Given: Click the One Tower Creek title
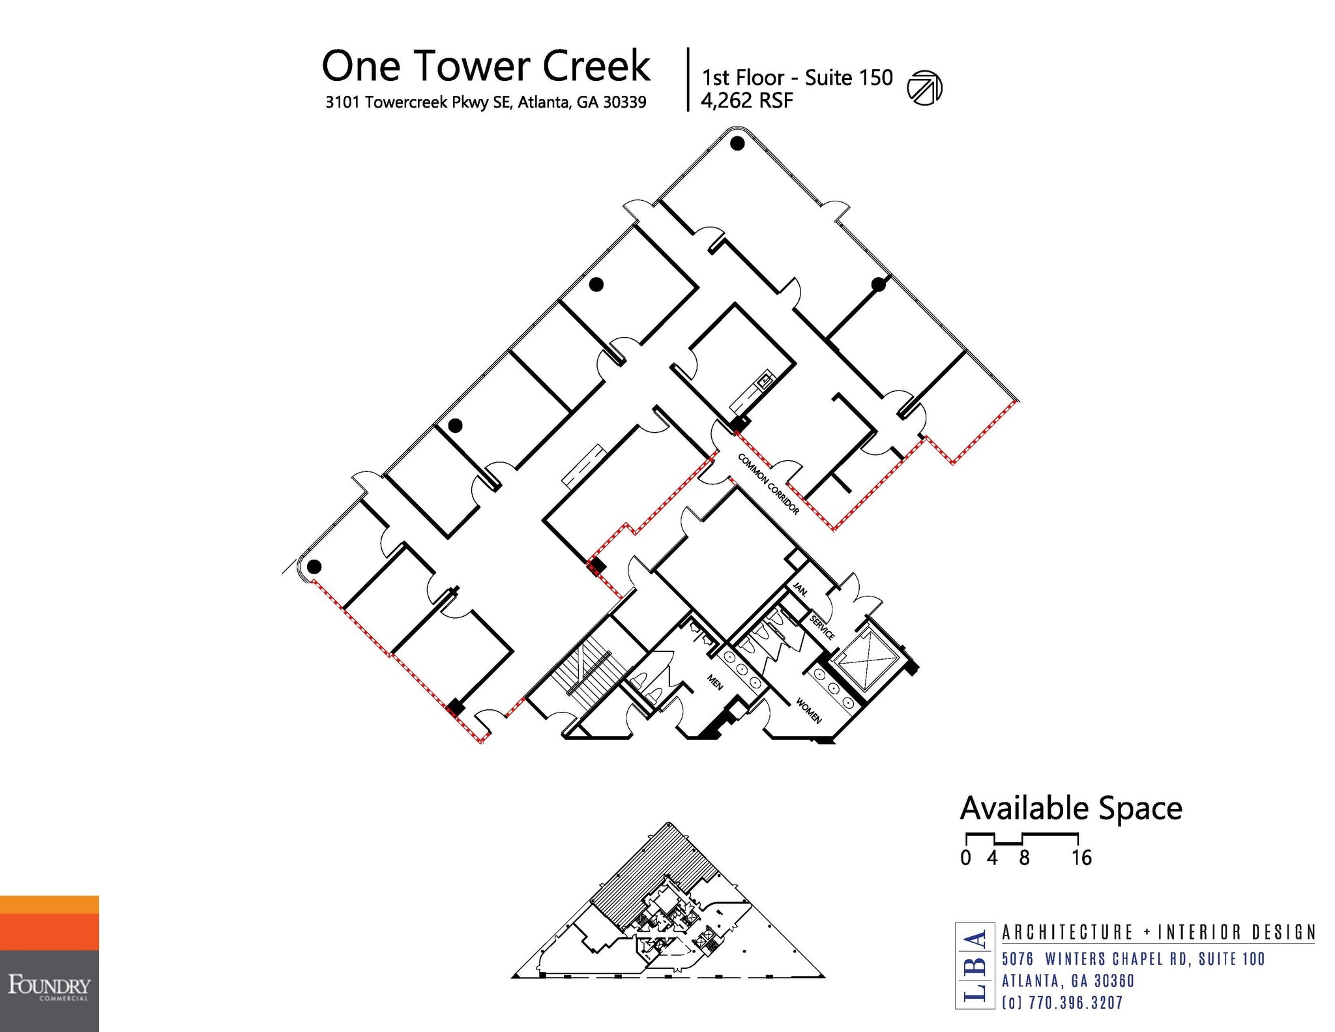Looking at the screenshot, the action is pyautogui.click(x=486, y=66).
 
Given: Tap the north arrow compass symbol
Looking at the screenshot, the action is pyautogui.click(x=925, y=87).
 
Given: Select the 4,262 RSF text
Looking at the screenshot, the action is pyautogui.click(x=746, y=101).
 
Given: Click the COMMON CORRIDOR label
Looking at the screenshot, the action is pyautogui.click(x=769, y=484).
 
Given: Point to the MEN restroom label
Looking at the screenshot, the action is pyautogui.click(x=715, y=682).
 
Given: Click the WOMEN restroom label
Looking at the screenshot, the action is pyautogui.click(x=809, y=711).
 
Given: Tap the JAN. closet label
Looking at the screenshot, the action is pyautogui.click(x=800, y=589).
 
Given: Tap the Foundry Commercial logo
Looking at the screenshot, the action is pyautogui.click(x=50, y=964).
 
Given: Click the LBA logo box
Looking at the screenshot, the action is pyautogui.click(x=975, y=966).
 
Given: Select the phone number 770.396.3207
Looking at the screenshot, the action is pyautogui.click(x=1076, y=1003).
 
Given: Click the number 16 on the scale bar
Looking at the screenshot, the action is pyautogui.click(x=1081, y=858).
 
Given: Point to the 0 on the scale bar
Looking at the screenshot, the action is pyautogui.click(x=965, y=858).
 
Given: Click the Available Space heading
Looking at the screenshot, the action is pyautogui.click(x=1071, y=808).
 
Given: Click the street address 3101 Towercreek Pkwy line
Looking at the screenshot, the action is pyautogui.click(x=486, y=102).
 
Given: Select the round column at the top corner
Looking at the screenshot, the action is pyautogui.click(x=737, y=143).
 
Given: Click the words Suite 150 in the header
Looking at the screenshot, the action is pyautogui.click(x=849, y=78).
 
